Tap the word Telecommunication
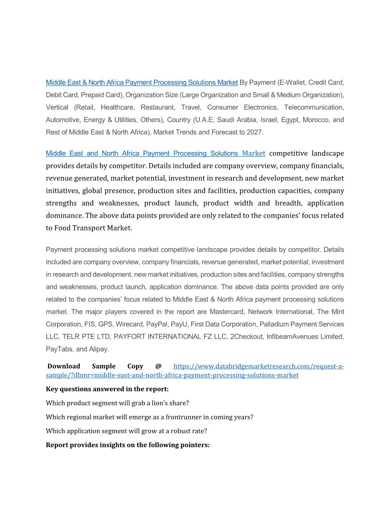[x=314, y=108]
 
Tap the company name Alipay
[x=99, y=349]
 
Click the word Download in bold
[x=64, y=366]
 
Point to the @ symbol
[x=159, y=366]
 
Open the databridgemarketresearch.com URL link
[x=258, y=366]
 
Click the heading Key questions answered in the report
[x=107, y=389]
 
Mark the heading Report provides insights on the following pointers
[x=128, y=445]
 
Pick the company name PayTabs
[x=60, y=349]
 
